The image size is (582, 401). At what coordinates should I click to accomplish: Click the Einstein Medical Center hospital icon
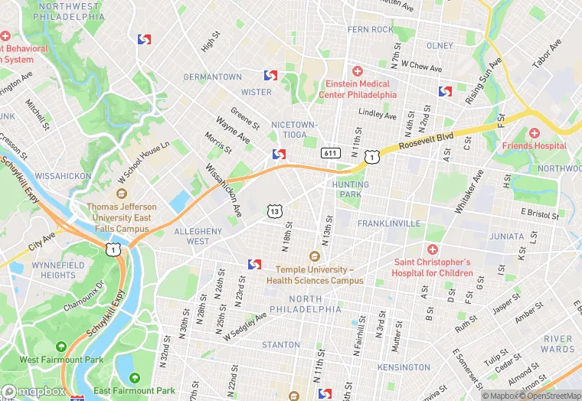(x=357, y=71)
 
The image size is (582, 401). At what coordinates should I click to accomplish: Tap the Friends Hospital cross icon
(x=535, y=133)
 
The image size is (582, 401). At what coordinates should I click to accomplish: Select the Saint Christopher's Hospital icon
(x=433, y=249)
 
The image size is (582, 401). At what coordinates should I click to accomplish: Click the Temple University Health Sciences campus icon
(x=313, y=257)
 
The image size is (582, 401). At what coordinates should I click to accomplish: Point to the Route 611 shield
(x=331, y=153)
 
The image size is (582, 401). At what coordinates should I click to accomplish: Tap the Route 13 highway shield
(x=274, y=210)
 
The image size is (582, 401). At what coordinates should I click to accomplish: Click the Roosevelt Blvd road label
(x=426, y=141)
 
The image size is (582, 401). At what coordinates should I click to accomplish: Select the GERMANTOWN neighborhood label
(x=212, y=77)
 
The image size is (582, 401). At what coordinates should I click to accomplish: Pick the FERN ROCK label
(x=370, y=30)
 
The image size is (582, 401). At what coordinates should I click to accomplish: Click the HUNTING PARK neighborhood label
(x=351, y=190)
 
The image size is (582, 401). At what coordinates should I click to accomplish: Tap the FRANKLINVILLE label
(x=389, y=223)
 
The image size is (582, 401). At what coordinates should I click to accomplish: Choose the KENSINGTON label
(x=404, y=367)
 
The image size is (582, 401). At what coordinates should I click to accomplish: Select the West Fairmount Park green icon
(x=62, y=347)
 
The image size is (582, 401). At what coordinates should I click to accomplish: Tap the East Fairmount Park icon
(x=136, y=377)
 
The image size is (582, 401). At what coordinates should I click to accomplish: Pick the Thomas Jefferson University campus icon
(x=121, y=194)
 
